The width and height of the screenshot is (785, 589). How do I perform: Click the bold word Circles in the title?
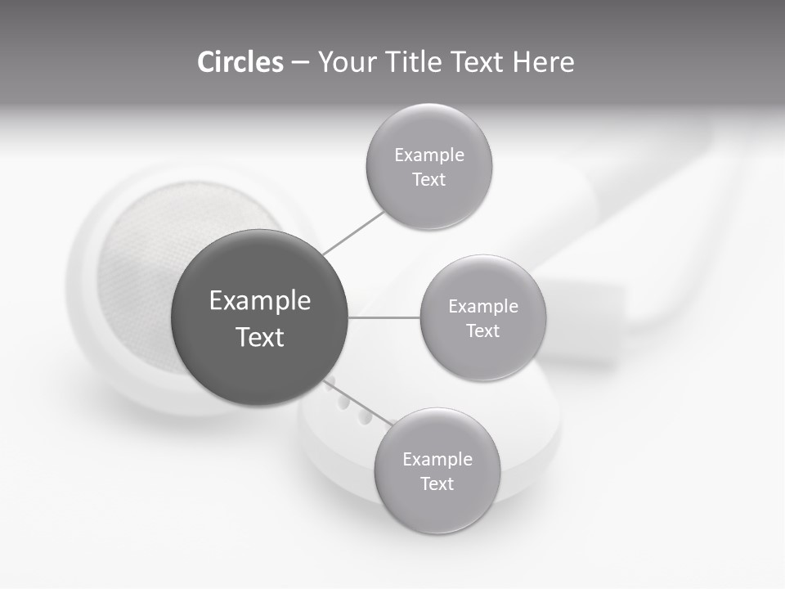click(x=240, y=62)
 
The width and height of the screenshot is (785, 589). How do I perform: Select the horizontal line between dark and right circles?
click(x=384, y=317)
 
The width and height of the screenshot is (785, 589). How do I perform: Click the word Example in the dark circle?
click(x=260, y=301)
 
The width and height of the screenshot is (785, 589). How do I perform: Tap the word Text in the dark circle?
click(x=260, y=337)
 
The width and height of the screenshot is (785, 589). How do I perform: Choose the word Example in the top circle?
click(x=429, y=155)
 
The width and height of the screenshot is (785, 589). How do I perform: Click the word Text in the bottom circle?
click(x=437, y=484)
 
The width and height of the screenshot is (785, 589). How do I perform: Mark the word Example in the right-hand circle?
click(x=483, y=307)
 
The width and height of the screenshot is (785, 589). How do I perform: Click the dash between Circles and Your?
click(x=300, y=62)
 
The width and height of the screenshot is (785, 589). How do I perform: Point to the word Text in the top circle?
click(x=429, y=180)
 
